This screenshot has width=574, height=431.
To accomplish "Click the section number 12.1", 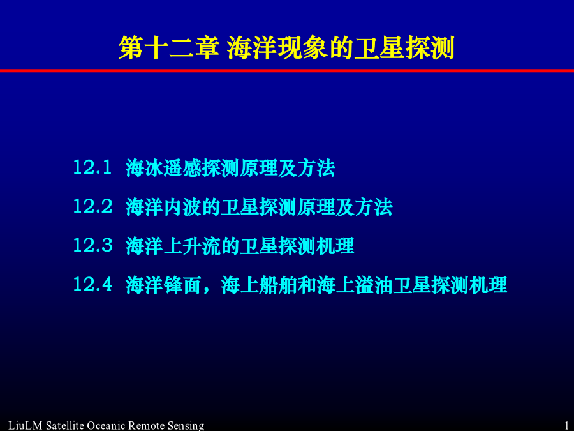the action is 92,167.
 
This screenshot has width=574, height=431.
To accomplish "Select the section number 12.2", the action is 92,206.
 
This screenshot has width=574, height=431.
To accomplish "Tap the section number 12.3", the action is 92,245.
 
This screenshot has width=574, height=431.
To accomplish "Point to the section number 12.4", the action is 92,284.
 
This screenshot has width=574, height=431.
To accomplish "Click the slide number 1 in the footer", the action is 567,426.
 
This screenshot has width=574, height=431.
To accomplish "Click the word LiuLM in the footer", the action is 26,426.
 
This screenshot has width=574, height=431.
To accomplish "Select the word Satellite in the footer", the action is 65,426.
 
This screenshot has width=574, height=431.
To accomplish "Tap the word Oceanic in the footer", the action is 106,426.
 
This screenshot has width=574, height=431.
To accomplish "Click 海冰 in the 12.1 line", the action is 144,168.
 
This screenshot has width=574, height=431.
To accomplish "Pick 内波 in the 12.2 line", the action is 182,207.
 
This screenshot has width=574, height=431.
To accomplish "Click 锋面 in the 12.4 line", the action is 182,285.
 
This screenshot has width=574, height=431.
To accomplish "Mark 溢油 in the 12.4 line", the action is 373,285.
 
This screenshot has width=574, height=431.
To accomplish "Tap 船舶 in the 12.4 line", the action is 278,285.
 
